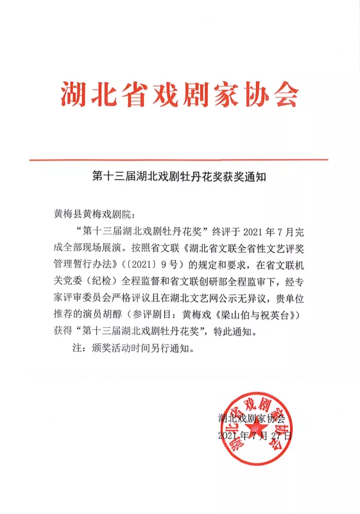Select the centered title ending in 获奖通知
click(x=180, y=176)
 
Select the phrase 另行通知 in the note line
click(x=169, y=350)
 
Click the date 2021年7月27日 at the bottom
click(x=255, y=436)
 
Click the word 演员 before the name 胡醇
click(x=121, y=315)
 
